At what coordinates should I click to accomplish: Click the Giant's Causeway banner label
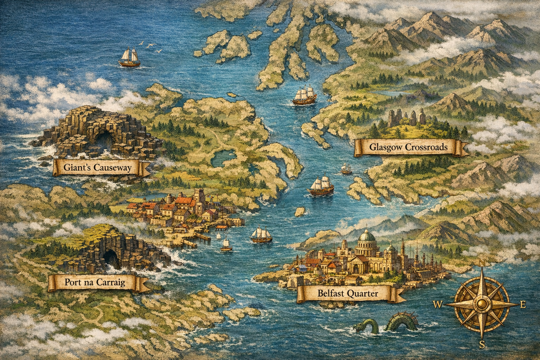point(97,167)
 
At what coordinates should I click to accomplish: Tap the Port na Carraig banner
point(95,282)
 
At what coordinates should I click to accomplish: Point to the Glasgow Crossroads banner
point(409,147)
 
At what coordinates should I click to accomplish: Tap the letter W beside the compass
point(439,304)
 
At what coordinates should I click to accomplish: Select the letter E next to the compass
point(523,304)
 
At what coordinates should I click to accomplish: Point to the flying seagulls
point(151,46)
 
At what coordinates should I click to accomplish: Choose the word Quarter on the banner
point(362,293)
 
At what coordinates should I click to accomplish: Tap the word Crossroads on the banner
point(426,147)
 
